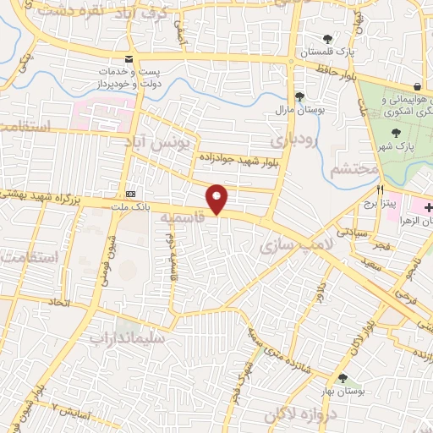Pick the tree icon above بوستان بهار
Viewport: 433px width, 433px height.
pyautogui.click(x=343, y=378)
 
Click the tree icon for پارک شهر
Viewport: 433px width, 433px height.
pyautogui.click(x=396, y=132)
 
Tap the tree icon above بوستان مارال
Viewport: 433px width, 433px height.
pyautogui.click(x=299, y=96)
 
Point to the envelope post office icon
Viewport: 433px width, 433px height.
pyautogui.click(x=129, y=58)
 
